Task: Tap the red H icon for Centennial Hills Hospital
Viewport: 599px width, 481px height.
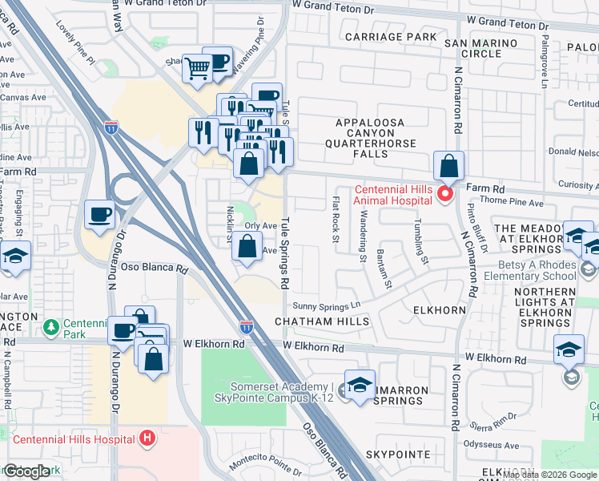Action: (147, 439)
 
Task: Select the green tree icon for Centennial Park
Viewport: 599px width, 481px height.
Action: (51, 327)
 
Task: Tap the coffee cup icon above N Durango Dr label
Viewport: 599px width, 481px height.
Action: (100, 215)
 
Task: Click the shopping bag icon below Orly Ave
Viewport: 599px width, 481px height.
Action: (246, 249)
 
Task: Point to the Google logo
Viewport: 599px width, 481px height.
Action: (26, 471)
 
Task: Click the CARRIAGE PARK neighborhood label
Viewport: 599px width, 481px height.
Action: (391, 37)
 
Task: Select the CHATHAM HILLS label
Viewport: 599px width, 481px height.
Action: (322, 321)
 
